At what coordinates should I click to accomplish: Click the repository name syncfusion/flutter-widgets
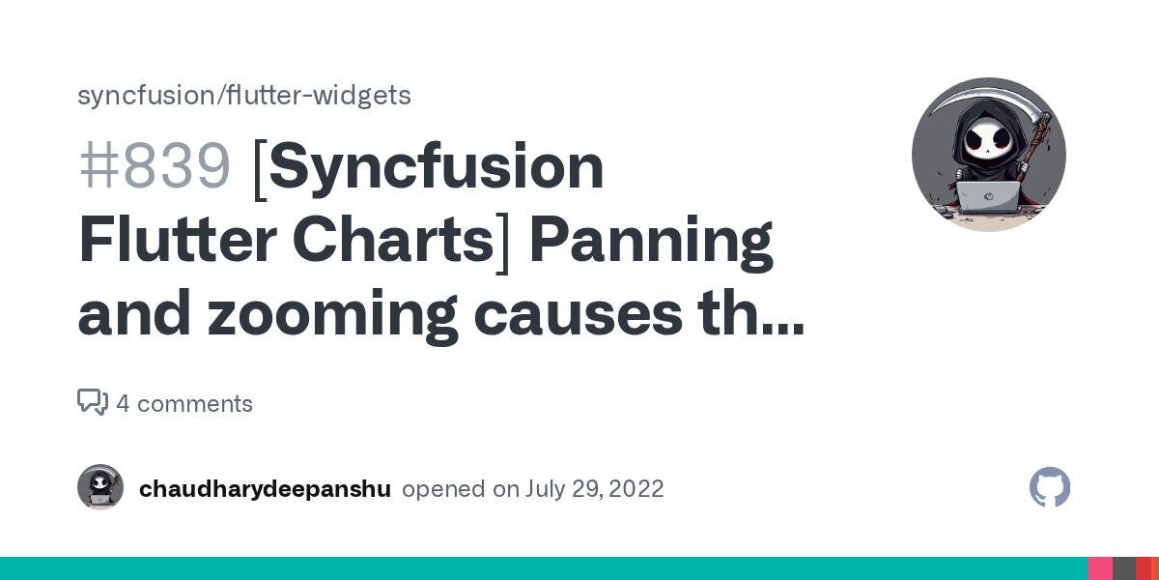click(x=243, y=96)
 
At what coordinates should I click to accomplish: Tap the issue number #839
click(x=155, y=167)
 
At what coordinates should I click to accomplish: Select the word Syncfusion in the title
click(x=437, y=167)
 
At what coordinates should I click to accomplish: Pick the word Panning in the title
click(x=651, y=241)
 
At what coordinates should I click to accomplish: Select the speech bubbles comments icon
click(x=93, y=402)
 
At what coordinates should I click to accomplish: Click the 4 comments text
click(x=184, y=404)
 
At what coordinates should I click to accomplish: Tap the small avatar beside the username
click(x=100, y=488)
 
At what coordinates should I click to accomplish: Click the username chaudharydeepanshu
click(x=265, y=489)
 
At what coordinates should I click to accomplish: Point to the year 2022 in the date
click(x=635, y=489)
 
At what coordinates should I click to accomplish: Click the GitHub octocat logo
click(x=1050, y=488)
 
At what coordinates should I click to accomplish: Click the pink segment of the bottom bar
click(x=1100, y=568)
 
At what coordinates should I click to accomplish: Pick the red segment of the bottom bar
click(x=1144, y=568)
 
